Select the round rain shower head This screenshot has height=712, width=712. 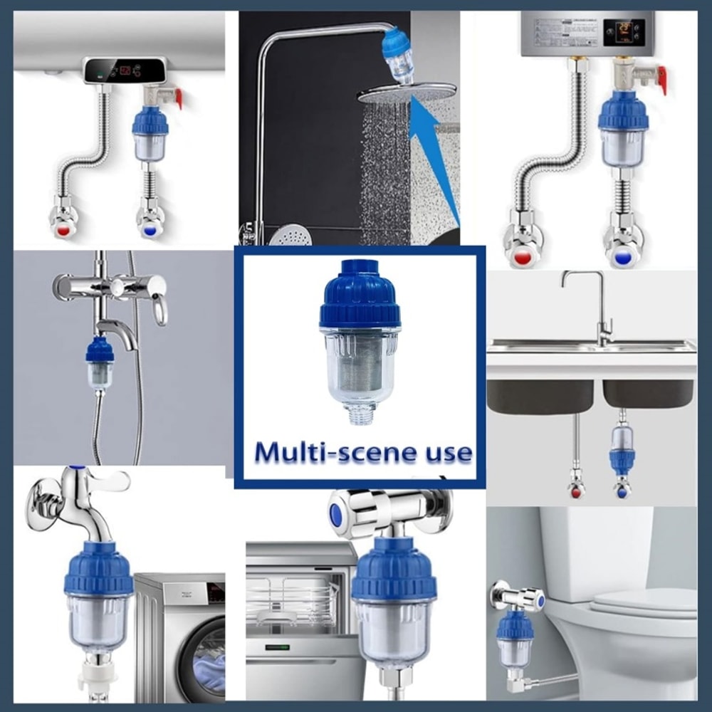[406, 93]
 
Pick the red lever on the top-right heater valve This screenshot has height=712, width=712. [662, 79]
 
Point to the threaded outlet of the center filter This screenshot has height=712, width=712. [361, 413]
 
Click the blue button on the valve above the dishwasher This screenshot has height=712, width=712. [335, 515]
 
